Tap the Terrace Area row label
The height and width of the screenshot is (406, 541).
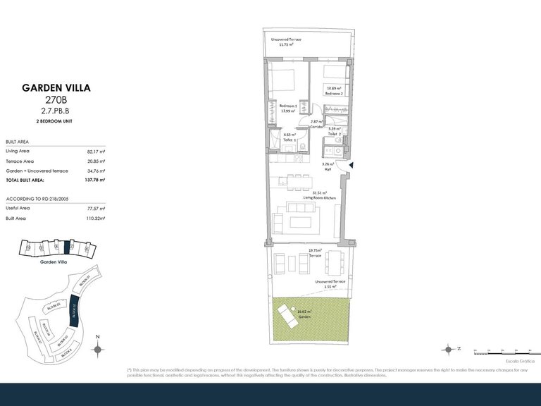[x=20, y=161]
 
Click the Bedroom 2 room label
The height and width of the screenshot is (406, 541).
[x=333, y=92]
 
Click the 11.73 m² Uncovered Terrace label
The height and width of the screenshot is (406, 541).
[x=286, y=42]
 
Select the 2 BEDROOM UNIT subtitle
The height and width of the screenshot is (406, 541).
[x=56, y=122]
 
